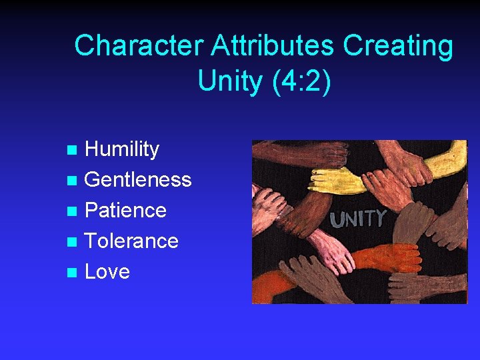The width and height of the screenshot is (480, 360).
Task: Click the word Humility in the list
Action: [x=122, y=149]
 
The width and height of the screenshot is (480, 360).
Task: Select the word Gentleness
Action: [x=138, y=180]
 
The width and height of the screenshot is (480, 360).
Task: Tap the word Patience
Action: [x=125, y=211]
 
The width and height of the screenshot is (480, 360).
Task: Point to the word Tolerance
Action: [x=131, y=241]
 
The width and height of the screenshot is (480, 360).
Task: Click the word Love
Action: [x=107, y=271]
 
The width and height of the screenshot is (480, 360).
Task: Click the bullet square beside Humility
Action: [x=75, y=150]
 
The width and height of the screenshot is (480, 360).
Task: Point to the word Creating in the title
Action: [x=398, y=46]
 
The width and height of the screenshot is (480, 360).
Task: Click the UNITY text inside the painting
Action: [x=358, y=219]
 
